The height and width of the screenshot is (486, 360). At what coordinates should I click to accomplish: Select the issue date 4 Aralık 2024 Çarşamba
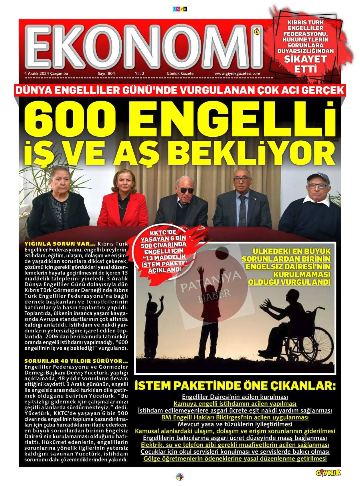click(x=46, y=73)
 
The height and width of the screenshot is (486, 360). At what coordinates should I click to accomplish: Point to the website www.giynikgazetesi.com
click(x=237, y=73)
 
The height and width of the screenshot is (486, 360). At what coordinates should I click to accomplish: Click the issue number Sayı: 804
click(x=106, y=73)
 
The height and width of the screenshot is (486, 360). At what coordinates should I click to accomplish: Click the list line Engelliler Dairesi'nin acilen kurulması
click(x=235, y=397)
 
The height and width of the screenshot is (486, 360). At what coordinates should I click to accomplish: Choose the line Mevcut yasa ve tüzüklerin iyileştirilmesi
click(x=235, y=424)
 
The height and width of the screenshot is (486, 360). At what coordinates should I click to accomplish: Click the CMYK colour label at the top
click(x=180, y=9)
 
